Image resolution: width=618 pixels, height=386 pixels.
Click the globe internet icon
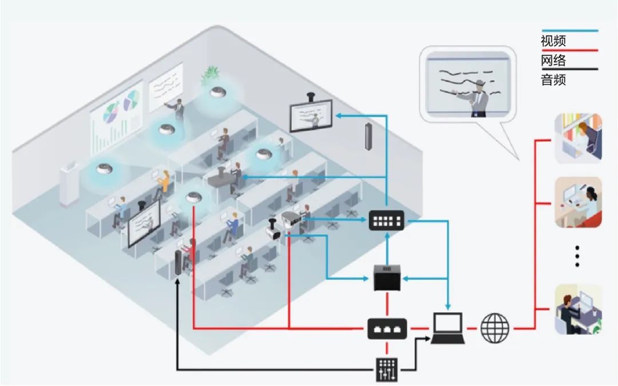pos(494,328)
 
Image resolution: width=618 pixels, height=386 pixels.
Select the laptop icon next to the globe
pos(447,328)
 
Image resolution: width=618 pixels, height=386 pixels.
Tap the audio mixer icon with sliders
pos(387,370)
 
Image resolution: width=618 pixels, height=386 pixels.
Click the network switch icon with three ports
pos(387,328)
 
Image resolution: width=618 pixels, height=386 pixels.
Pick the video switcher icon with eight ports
pos(387,220)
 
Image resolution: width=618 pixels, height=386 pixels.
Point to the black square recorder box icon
pos(387,278)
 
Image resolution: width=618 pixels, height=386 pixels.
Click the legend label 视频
pos(553,41)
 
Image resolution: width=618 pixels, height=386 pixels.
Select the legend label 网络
pos(553,60)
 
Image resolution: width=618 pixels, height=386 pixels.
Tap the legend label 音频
pos(553,79)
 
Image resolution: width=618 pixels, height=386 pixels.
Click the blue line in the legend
pos(569,31)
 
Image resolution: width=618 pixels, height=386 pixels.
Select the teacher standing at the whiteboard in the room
pos(180,109)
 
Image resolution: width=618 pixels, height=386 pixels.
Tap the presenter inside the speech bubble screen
pos(480,99)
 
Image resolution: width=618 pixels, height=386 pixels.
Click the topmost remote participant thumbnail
pos(578,138)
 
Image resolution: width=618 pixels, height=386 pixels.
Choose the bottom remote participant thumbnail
pos(578,309)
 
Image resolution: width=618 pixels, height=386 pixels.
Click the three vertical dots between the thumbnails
pos(577,256)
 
